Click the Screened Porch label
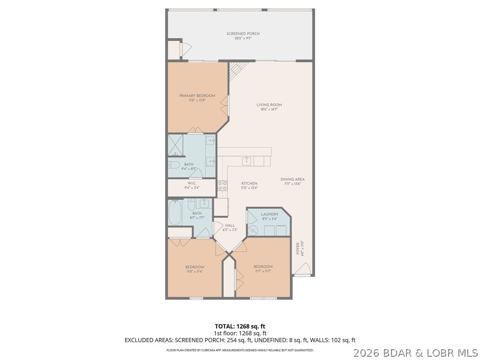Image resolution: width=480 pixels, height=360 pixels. click(243, 34)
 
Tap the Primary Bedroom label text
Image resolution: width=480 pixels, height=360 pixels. click(197, 96)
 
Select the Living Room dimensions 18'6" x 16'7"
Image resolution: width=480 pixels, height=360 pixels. click(269, 109)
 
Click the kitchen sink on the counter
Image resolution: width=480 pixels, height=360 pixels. click(247, 161)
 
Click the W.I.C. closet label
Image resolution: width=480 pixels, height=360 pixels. click(192, 183)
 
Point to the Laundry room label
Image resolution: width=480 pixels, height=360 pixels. click(270, 214)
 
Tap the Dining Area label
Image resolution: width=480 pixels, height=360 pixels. click(292, 180)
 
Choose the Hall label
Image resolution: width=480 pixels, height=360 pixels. click(230, 225)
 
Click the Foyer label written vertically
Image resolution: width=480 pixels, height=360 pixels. click(297, 249)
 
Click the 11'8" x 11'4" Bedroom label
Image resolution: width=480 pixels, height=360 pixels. click(195, 267)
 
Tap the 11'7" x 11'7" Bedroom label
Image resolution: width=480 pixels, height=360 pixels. click(263, 267)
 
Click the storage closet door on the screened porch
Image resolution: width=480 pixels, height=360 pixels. click(185, 49)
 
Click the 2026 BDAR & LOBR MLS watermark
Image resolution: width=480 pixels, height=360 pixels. click(415, 352)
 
